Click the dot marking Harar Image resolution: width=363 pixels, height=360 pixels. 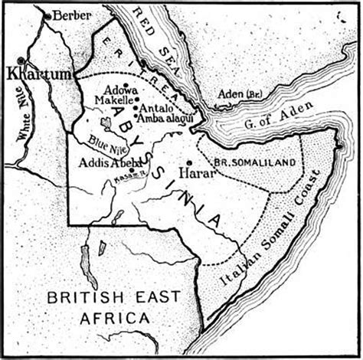point(189,163)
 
